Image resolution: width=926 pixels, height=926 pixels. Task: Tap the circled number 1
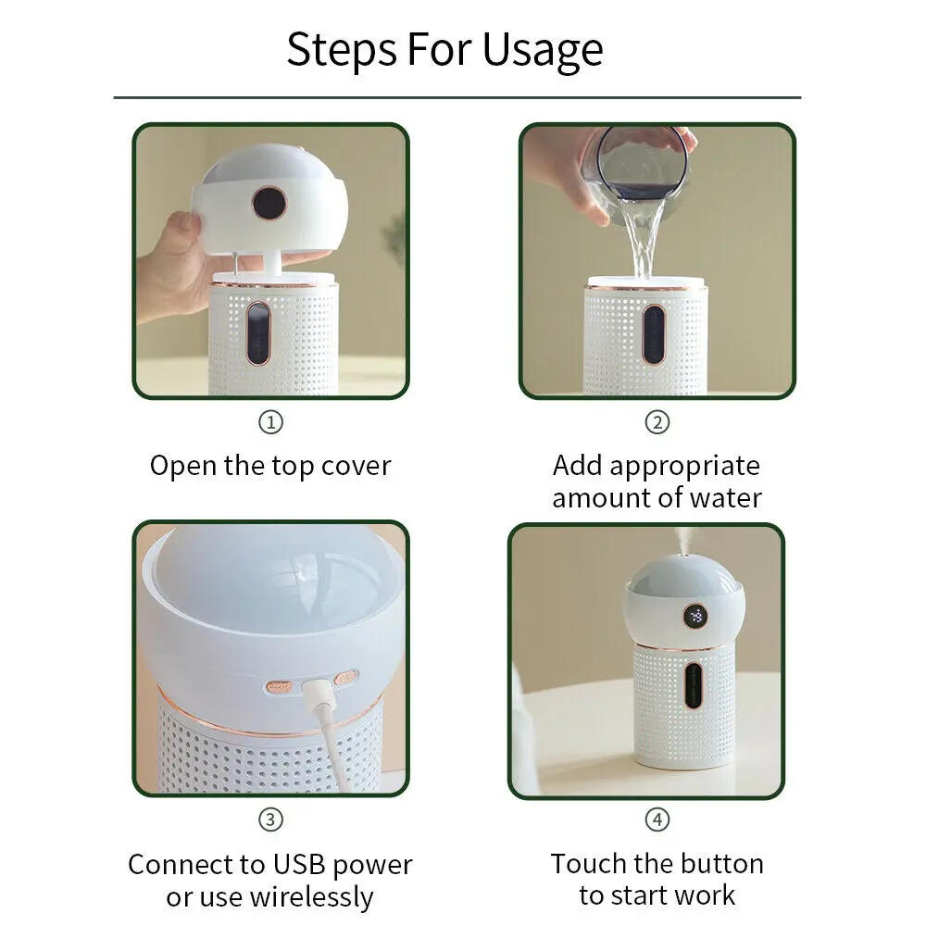click(x=269, y=423)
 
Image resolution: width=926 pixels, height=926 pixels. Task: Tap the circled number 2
click(x=657, y=423)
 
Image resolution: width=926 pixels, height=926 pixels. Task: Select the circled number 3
click(x=269, y=820)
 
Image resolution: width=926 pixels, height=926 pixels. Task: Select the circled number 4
click(x=657, y=820)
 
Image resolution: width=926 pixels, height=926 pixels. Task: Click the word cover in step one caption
click(x=352, y=466)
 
